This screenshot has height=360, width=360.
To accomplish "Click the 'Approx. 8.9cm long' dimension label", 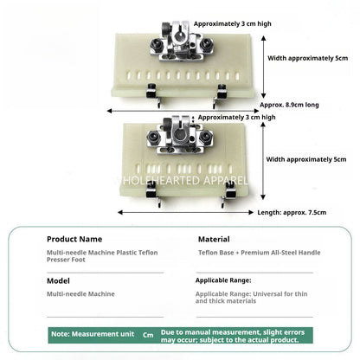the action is pos(289,105).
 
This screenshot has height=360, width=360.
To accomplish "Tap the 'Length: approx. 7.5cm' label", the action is pos(292,213).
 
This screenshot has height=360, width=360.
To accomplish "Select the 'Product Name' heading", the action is pos(74,239).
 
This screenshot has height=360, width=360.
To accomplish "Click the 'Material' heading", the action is pos(214,239).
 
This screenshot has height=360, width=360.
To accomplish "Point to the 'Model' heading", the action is pos(58,280).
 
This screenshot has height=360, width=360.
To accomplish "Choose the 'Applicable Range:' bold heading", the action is pos(223,280).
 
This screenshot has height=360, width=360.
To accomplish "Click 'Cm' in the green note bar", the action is pos(148,335).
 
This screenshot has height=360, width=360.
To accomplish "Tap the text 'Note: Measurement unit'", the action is pos(93,334).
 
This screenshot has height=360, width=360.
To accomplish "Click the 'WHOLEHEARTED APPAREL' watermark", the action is pos(180,181).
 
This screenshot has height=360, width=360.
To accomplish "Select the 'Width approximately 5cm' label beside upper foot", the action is pos(307,58).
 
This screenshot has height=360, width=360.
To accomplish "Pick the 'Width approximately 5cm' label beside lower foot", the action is pos(306,159).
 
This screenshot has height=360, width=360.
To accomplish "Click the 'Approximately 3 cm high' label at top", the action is pos(233,23).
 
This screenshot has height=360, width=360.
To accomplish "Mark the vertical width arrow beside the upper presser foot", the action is pos(263,67).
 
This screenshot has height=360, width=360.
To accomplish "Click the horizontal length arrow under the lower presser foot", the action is pos(185,212).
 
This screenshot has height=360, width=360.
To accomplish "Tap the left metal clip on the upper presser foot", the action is pos(152,94).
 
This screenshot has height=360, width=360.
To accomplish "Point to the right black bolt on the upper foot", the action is pos(205,44).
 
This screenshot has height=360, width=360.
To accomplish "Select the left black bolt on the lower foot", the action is pos(153,137).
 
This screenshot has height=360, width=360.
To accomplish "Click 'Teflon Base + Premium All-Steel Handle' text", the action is pos(260,253).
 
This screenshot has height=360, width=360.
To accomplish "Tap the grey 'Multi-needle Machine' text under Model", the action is pos(80,294).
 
